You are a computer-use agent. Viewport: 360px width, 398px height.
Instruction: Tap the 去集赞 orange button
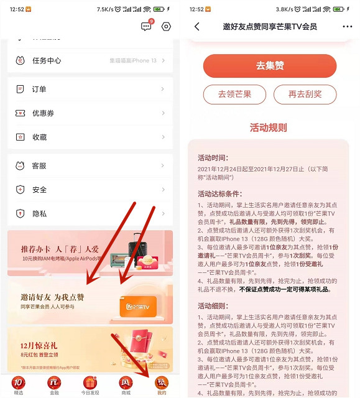click(x=269, y=65)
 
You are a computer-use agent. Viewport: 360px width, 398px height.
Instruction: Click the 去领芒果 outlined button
click(x=234, y=95)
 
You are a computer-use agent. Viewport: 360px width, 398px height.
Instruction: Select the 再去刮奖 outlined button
click(x=305, y=95)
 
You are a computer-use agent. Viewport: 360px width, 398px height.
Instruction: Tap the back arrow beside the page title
click(x=197, y=26)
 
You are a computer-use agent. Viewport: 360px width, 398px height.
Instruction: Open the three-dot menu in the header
click(x=347, y=26)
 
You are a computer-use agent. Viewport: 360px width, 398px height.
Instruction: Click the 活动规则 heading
click(x=269, y=127)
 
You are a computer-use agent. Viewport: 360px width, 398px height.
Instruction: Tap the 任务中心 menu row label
click(x=47, y=60)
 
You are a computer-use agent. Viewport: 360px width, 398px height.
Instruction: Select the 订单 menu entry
click(x=39, y=89)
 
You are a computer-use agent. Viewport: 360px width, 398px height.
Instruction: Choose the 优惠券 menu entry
click(x=43, y=113)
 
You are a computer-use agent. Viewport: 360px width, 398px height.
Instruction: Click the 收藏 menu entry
click(x=39, y=137)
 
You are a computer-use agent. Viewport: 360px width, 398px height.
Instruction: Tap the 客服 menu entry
click(x=39, y=166)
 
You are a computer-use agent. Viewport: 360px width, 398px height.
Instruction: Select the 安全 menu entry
click(x=39, y=190)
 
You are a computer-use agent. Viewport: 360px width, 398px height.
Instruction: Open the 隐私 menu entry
click(x=39, y=213)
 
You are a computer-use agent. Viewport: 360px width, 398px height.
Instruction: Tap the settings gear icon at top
click(x=166, y=26)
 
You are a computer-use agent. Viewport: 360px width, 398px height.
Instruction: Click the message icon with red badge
click(x=147, y=26)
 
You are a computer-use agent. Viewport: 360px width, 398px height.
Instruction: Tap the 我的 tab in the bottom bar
click(x=162, y=385)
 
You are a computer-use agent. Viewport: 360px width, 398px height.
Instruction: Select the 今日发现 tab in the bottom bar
click(x=90, y=385)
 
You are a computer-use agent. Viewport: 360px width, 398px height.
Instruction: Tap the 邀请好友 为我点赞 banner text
click(x=52, y=297)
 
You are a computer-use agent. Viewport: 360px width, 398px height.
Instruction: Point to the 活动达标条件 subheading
click(x=220, y=193)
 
